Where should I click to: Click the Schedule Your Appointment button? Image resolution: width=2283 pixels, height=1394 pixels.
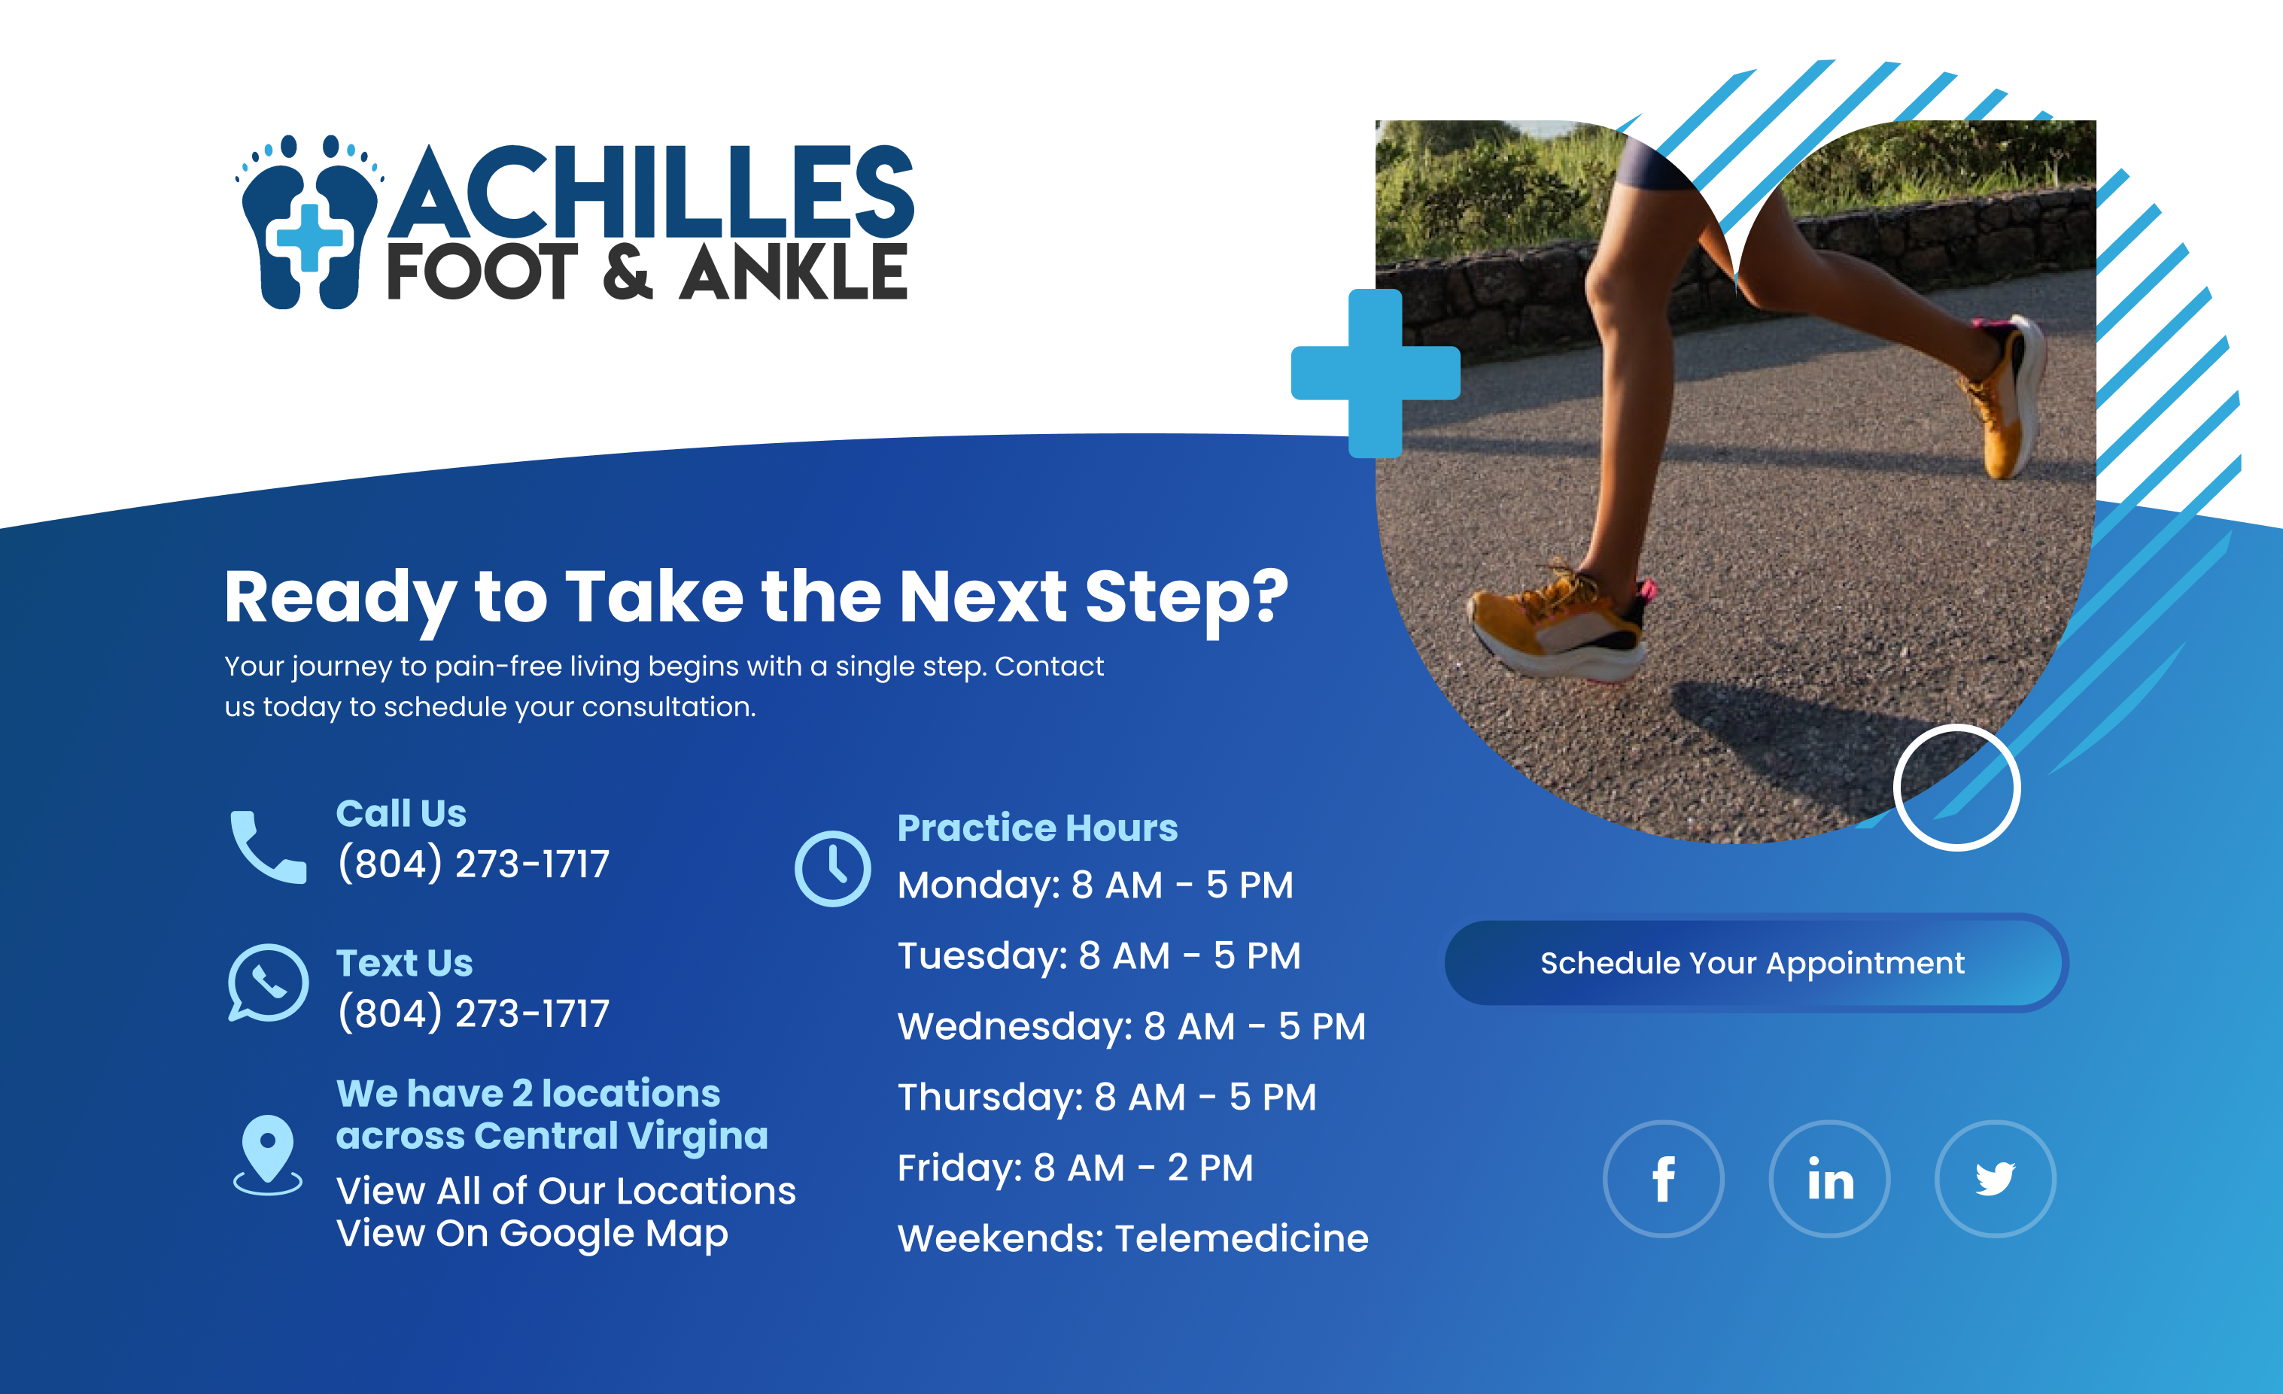[1756, 962]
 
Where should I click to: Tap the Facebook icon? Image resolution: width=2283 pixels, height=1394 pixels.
[1663, 1179]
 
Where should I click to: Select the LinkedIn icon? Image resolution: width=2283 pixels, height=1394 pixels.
[1830, 1179]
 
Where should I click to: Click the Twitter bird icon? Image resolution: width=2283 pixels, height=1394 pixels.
[1995, 1179]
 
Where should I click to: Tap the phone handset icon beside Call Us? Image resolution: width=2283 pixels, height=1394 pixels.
[268, 848]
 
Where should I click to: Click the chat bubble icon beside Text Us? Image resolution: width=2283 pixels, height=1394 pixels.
[268, 982]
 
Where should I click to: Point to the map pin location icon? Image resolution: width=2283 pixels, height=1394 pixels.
[268, 1155]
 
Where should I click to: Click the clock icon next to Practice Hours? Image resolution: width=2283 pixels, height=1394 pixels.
[832, 869]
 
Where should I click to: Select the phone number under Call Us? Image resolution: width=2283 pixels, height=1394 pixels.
[473, 864]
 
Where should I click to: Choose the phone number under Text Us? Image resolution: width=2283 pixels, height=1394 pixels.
[473, 1013]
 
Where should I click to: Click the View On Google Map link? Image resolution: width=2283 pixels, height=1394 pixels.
[533, 1235]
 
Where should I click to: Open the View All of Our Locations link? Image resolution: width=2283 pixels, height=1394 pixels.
[566, 1191]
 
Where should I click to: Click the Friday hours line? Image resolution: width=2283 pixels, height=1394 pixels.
[1075, 1169]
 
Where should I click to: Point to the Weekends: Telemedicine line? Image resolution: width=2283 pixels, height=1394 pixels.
[1133, 1239]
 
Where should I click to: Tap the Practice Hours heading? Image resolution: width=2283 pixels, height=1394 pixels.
[1038, 828]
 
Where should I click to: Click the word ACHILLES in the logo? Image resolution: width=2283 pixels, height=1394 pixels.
[652, 192]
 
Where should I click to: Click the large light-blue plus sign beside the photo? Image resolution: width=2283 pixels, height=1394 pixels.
[1376, 373]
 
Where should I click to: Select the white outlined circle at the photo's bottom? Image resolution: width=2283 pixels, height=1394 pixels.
[1957, 788]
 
